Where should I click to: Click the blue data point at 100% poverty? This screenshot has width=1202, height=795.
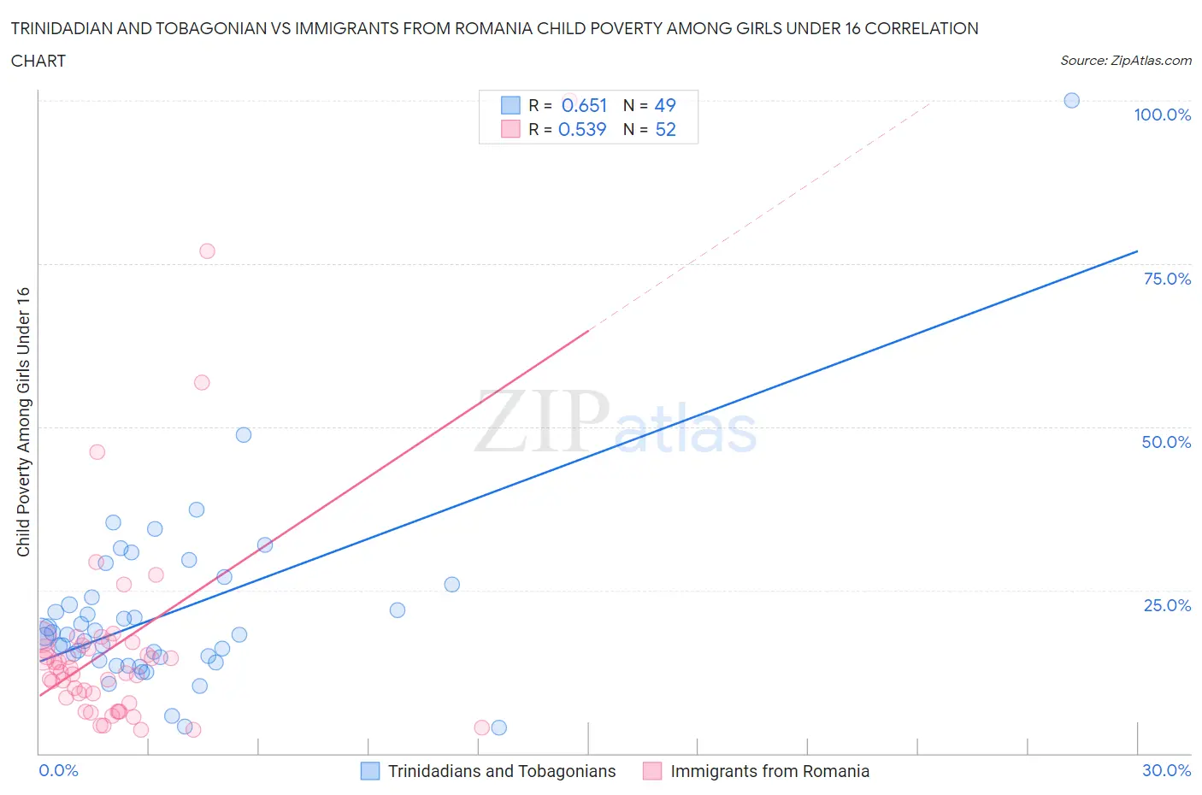(x=1071, y=100)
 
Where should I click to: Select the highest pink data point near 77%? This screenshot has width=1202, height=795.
(x=207, y=251)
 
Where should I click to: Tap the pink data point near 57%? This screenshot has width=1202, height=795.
(x=202, y=382)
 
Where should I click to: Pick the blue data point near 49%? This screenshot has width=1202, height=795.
(x=244, y=434)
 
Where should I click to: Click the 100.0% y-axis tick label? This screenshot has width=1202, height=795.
(x=1162, y=115)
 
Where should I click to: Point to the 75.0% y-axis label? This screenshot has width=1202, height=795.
(x=1167, y=279)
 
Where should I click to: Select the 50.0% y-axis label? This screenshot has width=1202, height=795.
(x=1166, y=442)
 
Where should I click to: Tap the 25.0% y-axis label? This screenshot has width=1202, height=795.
(x=1167, y=605)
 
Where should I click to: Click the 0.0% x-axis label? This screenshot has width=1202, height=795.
(x=58, y=770)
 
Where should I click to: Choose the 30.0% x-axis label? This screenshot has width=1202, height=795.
(x=1166, y=770)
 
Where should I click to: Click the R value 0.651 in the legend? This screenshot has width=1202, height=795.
(x=584, y=105)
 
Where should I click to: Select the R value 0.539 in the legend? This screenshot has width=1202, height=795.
(x=582, y=129)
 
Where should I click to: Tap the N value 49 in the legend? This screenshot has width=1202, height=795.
(x=665, y=105)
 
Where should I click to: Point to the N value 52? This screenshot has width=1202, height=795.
(x=665, y=129)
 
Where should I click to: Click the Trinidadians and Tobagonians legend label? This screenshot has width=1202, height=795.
(x=502, y=771)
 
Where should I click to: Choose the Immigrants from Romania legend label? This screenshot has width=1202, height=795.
(x=769, y=771)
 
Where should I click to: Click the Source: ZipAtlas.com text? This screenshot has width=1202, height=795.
(x=1125, y=60)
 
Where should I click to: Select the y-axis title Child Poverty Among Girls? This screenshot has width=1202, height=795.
(x=24, y=421)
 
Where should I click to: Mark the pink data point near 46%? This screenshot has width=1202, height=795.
(x=97, y=451)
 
